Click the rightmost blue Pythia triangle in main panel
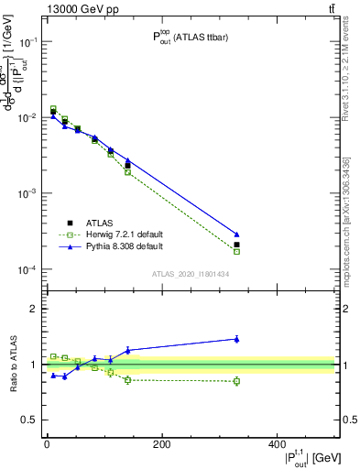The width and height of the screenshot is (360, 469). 236,234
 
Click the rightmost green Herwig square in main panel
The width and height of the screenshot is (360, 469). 236,251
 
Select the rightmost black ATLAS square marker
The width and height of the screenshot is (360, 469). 236,245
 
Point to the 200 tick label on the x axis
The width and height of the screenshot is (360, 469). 161,444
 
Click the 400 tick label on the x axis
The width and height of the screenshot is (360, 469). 276,444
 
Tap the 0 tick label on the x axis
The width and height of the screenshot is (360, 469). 47,444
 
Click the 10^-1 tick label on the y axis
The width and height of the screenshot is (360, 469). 28,42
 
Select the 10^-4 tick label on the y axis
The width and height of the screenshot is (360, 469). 28,270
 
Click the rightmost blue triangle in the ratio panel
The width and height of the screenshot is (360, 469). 236,339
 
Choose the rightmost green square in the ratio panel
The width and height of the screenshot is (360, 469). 236,381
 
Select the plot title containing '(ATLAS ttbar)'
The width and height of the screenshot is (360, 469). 189,38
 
